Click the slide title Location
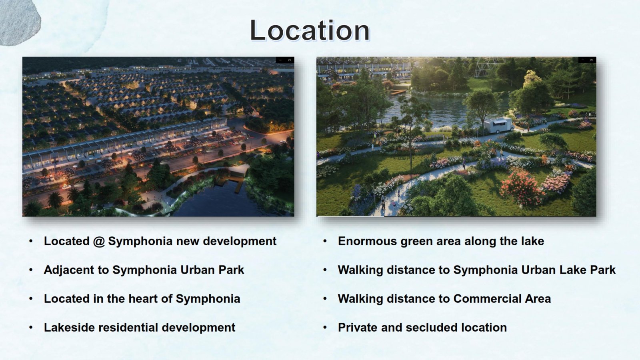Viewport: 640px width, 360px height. [310, 30]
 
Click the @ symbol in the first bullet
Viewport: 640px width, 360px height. [99, 242]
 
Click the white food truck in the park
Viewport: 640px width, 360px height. [498, 125]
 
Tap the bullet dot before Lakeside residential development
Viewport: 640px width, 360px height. [31, 328]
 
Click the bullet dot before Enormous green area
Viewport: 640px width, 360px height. [325, 241]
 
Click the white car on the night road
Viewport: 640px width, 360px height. [66, 187]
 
